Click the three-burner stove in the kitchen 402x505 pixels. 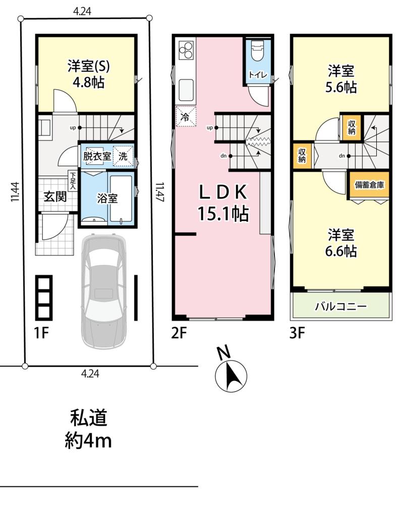pyautogui.click(x=186, y=50)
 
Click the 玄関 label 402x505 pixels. pyautogui.click(x=55, y=196)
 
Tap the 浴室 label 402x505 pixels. pyautogui.click(x=107, y=198)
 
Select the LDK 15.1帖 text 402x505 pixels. pyautogui.click(x=223, y=203)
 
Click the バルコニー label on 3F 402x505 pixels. pyautogui.click(x=340, y=306)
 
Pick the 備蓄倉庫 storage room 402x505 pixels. pyautogui.click(x=369, y=185)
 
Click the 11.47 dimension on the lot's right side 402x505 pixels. pyautogui.click(x=160, y=192)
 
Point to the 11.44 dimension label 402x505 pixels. pyautogui.click(x=15, y=192)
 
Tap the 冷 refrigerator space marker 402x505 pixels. pyautogui.click(x=186, y=116)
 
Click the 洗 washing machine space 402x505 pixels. pyautogui.click(x=123, y=156)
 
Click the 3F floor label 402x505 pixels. pyautogui.click(x=297, y=333)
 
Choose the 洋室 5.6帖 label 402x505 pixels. pyautogui.click(x=341, y=79)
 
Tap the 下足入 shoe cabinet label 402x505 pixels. pyautogui.click(x=74, y=180)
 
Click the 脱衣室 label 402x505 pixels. pyautogui.click(x=97, y=157)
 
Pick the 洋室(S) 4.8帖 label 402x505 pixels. pyautogui.click(x=89, y=74)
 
